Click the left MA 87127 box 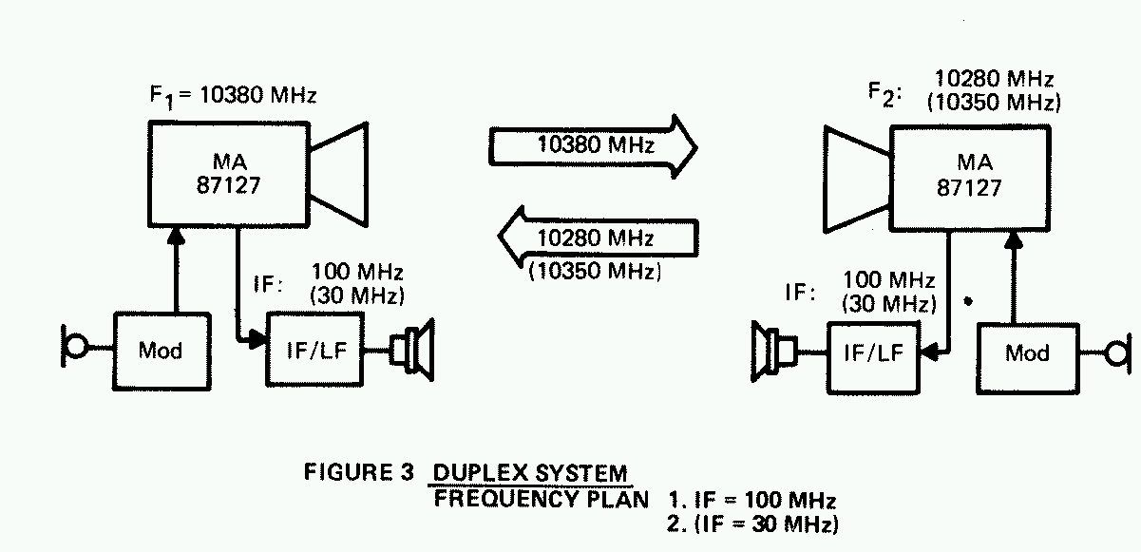pos(228,176)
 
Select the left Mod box pos(161,350)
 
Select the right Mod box pos(1027,353)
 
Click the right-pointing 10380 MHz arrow pos(589,146)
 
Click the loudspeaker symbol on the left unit pos(413,350)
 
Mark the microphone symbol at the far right pos(1118,353)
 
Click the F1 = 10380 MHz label pos(228,96)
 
